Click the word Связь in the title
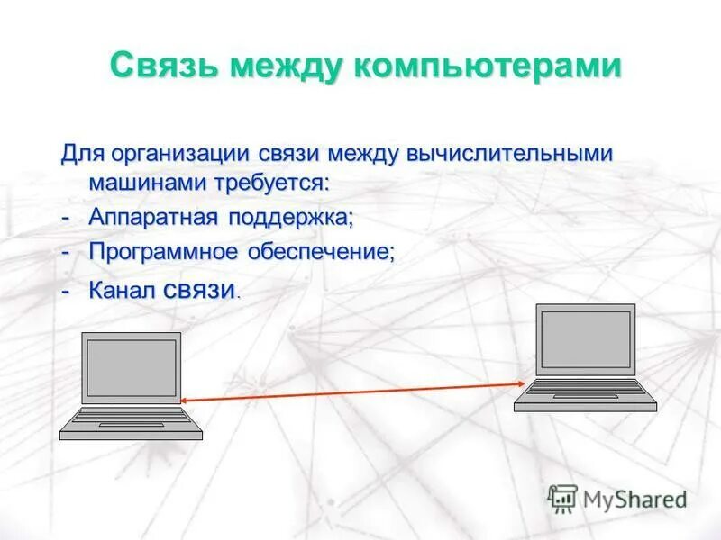[163, 67]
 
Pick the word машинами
[147, 184]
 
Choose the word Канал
[122, 290]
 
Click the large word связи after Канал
[201, 289]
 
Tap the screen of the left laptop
[132, 368]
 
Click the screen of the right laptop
[586, 339]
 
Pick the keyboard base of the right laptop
[586, 392]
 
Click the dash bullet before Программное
[65, 252]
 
